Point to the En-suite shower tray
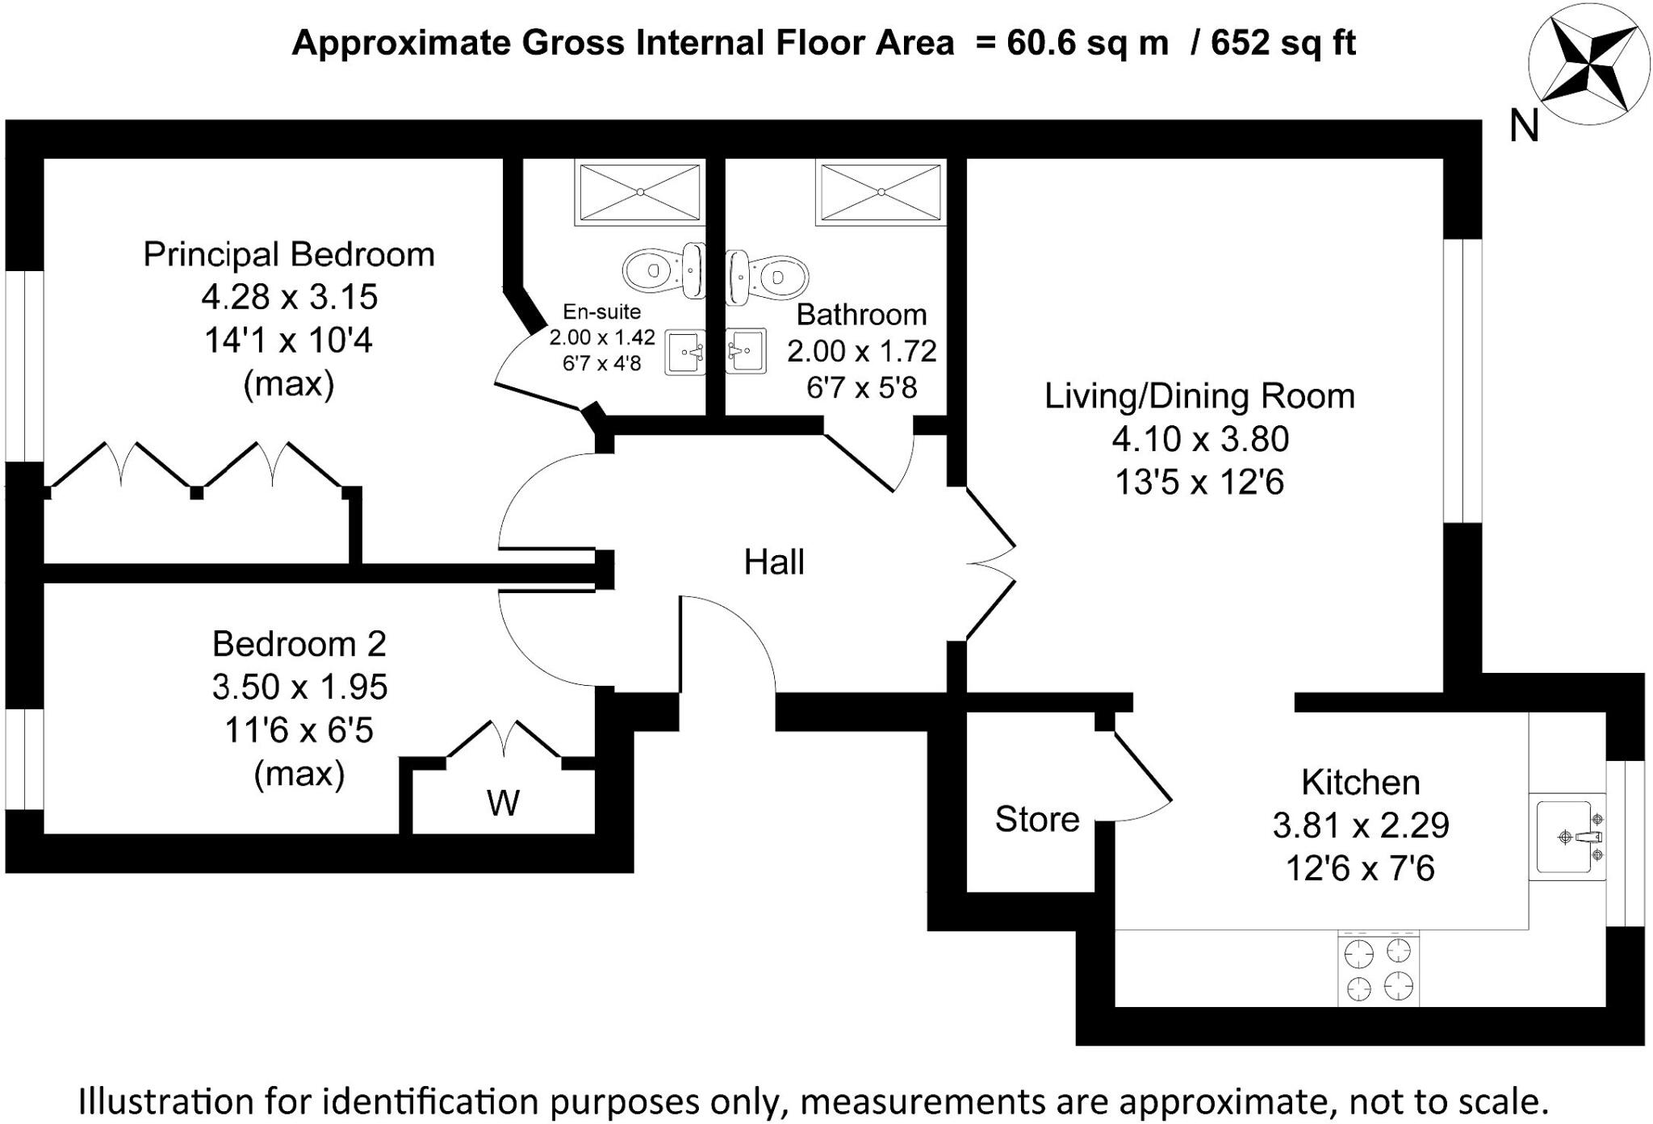[x=639, y=192]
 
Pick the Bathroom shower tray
[x=881, y=192]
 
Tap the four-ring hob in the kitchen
[x=1378, y=971]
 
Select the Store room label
[x=1036, y=819]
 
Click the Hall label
[x=773, y=562]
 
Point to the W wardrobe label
[x=503, y=802]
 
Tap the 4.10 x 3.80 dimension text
[x=1199, y=439]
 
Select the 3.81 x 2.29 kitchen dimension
[x=1360, y=825]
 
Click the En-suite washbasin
[x=684, y=353]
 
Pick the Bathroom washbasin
[x=745, y=350]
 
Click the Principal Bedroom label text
[x=288, y=254]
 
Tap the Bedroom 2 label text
[x=299, y=644]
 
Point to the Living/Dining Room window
[x=1462, y=380]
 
